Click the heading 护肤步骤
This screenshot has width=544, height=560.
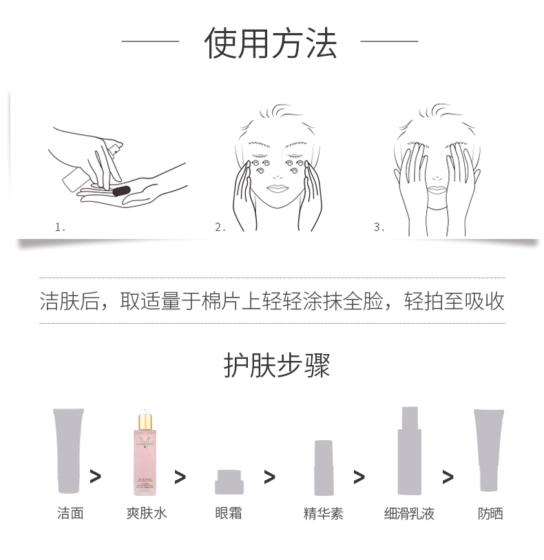tap(277, 365)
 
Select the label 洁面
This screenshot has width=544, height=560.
tap(70, 513)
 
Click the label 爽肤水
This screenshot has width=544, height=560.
tap(146, 513)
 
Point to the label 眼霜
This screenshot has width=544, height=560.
tap(229, 513)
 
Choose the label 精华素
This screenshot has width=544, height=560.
tap(323, 513)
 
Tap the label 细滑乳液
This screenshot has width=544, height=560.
tap(409, 513)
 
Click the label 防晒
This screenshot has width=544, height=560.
tap(490, 513)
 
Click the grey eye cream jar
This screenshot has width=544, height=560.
tap(229, 481)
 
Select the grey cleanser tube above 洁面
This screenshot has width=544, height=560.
tap(68, 450)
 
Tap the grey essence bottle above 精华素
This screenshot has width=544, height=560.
tap(324, 468)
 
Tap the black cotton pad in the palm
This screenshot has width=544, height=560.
tap(121, 188)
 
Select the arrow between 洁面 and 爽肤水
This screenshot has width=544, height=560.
tap(95, 476)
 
